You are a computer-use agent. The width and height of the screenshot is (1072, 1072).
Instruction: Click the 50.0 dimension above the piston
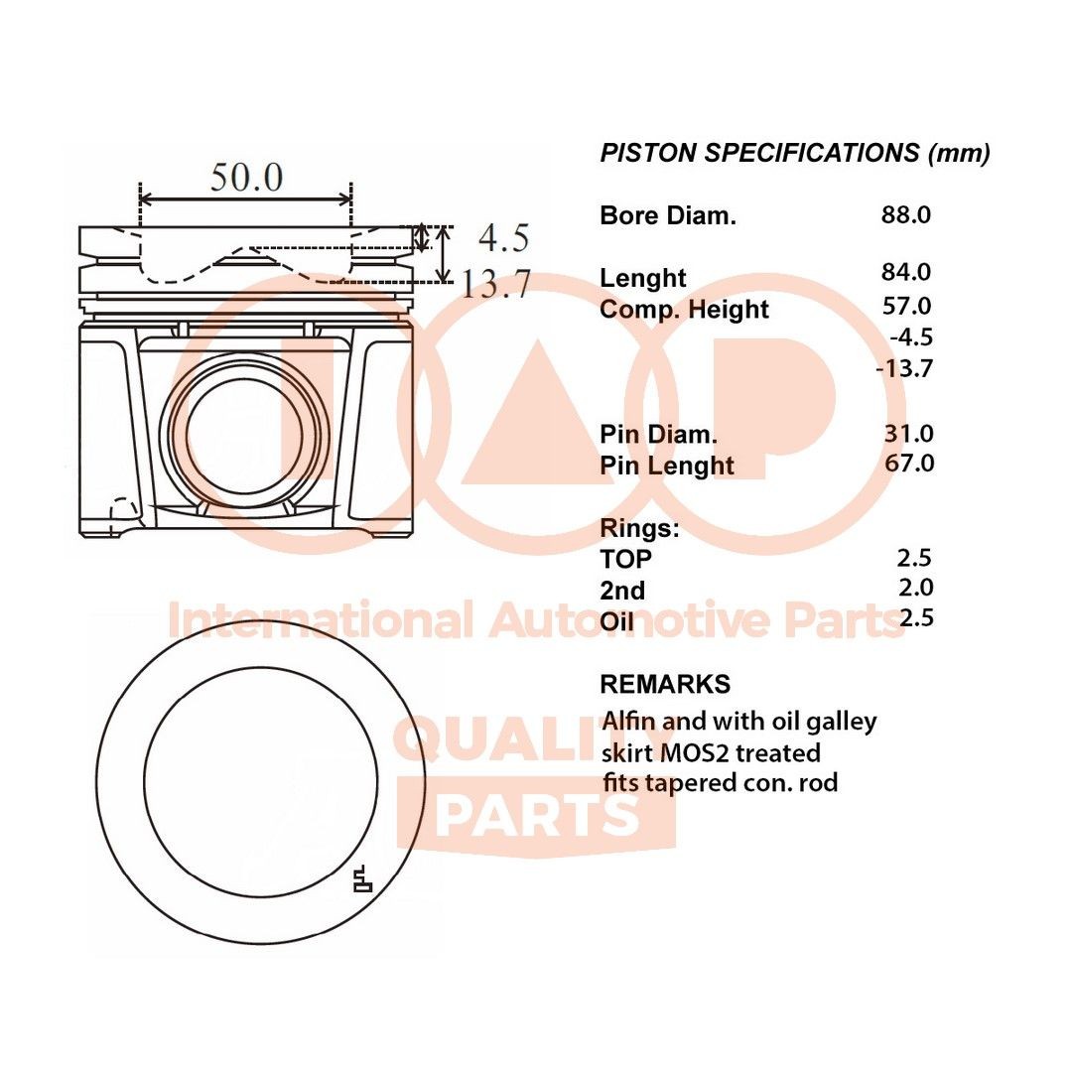click(246, 178)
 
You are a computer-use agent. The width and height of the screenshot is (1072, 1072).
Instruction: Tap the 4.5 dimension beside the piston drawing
click(503, 239)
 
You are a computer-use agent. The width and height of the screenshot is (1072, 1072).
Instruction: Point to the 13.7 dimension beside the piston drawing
click(496, 285)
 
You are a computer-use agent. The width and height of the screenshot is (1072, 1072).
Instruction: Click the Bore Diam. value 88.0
click(905, 214)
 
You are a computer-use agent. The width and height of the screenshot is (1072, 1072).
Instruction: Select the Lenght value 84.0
click(905, 272)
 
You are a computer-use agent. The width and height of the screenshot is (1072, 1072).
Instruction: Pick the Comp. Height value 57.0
click(907, 306)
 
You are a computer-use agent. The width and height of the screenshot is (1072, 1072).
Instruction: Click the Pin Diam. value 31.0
click(908, 433)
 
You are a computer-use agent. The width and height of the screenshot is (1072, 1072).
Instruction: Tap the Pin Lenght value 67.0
click(908, 463)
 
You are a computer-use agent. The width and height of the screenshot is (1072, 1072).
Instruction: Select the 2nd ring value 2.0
click(914, 588)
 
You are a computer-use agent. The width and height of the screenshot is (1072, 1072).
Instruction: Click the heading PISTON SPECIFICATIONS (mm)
click(795, 153)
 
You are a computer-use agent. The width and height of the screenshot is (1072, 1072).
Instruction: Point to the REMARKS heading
click(665, 684)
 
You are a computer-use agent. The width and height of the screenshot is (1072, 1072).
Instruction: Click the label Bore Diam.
click(668, 215)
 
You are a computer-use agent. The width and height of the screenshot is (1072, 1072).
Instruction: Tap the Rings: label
click(640, 527)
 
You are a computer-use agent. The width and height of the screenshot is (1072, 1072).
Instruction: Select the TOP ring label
click(626, 559)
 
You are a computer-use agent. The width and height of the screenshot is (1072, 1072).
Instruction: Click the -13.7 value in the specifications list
click(905, 368)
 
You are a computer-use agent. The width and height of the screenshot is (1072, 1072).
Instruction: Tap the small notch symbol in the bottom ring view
click(362, 878)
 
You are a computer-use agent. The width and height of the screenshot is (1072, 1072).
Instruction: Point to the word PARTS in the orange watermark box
click(537, 816)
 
